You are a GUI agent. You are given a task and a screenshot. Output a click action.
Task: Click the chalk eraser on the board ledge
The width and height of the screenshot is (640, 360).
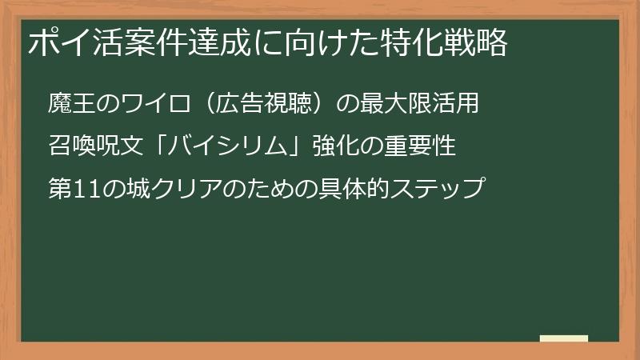click(x=563, y=339)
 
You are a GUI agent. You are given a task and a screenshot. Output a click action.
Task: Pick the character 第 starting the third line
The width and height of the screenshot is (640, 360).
click(x=61, y=190)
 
